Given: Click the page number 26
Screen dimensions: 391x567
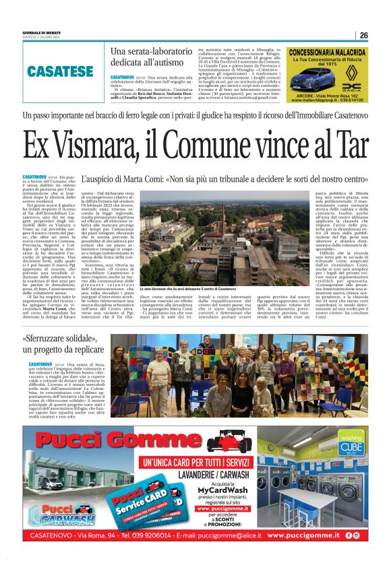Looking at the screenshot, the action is pos(363,36).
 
